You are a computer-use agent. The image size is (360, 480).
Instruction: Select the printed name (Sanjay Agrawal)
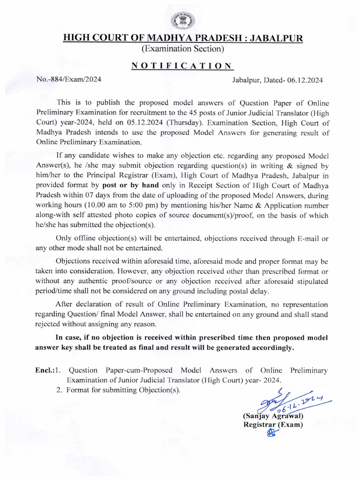pyautogui.click(x=273, y=416)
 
